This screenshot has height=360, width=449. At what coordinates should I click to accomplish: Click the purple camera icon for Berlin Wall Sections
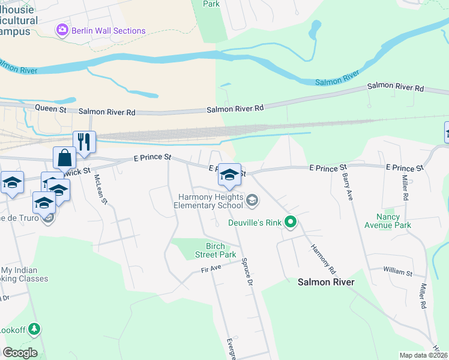click(61, 31)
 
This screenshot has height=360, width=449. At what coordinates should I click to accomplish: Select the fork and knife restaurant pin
click(84, 143)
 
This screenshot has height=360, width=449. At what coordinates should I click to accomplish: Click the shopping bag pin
click(65, 158)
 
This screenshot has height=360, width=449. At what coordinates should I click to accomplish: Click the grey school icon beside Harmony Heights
click(253, 200)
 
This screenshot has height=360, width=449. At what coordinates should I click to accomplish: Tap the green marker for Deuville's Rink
click(291, 223)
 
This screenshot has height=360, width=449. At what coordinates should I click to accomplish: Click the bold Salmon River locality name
click(326, 282)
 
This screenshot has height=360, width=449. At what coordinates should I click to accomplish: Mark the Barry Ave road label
click(347, 188)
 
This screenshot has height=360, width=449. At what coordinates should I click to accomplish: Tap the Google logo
click(20, 353)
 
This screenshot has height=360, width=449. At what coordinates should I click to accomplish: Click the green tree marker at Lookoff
click(35, 329)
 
